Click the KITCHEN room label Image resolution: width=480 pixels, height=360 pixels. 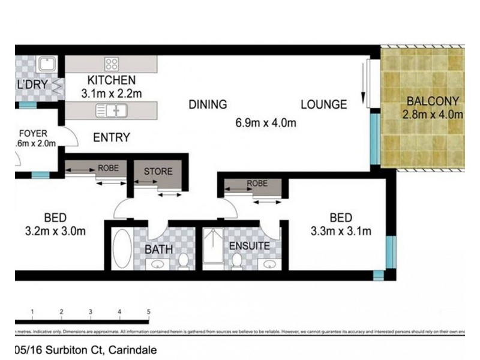point(112,80)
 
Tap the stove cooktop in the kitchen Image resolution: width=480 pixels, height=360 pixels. point(111,64)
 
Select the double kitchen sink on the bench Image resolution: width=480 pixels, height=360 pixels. point(112,110)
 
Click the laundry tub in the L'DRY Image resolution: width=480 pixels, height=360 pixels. point(46,63)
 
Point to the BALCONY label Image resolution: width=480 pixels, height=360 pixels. point(432,101)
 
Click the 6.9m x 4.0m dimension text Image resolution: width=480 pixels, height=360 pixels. point(266,124)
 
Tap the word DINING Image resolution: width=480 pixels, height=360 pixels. point(208,104)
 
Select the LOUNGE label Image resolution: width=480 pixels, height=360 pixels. point(323,104)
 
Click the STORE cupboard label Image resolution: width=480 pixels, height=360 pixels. point(157,172)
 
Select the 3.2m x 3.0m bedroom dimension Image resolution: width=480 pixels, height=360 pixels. point(55,232)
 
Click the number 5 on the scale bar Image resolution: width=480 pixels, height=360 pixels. point(148,311)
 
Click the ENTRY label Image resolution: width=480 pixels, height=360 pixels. point(112,138)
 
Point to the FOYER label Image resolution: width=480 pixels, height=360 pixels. point(34,133)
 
